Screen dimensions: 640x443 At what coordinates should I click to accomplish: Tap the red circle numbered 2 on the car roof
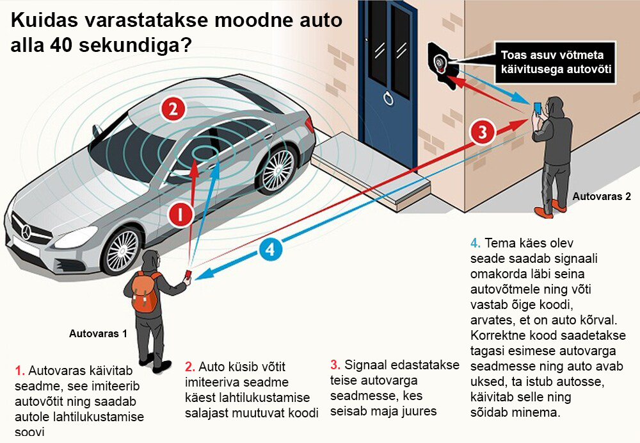point(173,109)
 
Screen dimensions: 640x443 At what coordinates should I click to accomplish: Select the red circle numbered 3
point(483,132)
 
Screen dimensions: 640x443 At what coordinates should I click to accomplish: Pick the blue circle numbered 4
point(270,249)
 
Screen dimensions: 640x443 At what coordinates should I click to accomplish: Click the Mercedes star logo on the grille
point(26,232)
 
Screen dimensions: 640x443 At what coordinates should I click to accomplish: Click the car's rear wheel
point(277,169)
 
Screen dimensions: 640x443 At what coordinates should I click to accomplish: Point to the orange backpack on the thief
point(145,292)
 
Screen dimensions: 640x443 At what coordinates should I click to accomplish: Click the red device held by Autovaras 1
point(188,274)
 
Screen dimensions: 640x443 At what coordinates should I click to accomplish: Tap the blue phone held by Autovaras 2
point(537,108)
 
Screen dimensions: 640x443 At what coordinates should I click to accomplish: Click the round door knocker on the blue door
point(388,98)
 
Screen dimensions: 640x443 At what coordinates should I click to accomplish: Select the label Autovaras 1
point(98,334)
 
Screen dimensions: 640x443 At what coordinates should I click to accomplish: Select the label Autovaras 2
point(602,196)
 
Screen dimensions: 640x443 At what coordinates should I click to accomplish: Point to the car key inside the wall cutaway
point(440,63)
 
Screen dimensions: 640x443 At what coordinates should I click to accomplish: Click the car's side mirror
point(97,131)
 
